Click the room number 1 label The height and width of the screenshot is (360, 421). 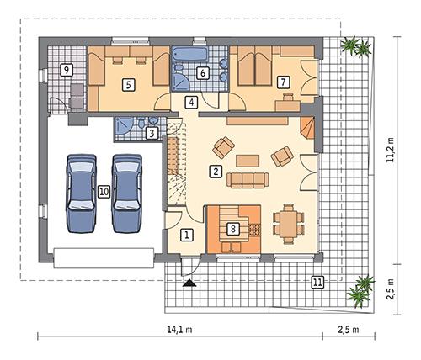coord(188,235)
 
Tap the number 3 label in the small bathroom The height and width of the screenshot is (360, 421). coord(152,132)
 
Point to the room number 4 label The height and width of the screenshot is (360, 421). coord(192,103)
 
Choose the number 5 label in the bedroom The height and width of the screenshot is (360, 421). coord(128,83)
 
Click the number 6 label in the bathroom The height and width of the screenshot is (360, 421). coord(202,73)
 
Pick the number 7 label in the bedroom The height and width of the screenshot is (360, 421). coord(283,82)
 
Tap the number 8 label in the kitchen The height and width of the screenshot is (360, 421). coord(233,227)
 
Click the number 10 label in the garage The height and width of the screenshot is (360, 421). coord(103,192)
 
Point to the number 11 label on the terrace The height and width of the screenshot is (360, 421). coord(317,281)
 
